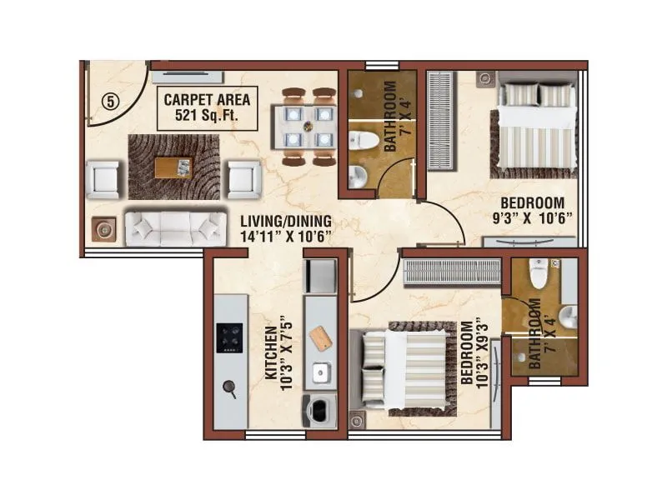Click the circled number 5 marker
click(x=111, y=101)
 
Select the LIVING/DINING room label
click(x=286, y=228)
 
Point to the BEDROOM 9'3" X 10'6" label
click(x=533, y=210)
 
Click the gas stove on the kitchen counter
click(x=229, y=337)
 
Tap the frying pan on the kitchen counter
click(x=228, y=387)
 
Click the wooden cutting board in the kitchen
click(x=320, y=337)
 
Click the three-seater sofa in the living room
click(x=175, y=227)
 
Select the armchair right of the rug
click(x=243, y=178)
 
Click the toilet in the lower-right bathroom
click(x=539, y=276)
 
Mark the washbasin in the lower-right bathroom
click(x=568, y=316)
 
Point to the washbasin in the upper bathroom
click(x=357, y=174)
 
